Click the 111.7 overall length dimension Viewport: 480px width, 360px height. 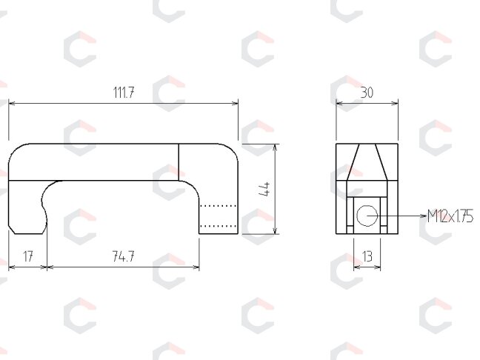pos(124,93)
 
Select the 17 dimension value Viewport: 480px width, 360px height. pos(28,256)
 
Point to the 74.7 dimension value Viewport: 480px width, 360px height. pos(123,256)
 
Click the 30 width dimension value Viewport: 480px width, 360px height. pos(367,93)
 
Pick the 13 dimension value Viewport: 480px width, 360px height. pos(367,256)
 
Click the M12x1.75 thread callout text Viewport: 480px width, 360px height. pos(450,216)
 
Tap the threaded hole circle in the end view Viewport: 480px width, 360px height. pos(367,216)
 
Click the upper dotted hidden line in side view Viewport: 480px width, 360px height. pos(218,206)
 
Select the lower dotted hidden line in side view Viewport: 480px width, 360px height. pos(218,226)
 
